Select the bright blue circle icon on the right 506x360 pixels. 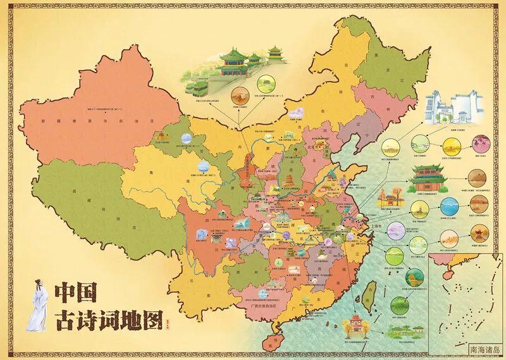pyautogui.click(x=448, y=208)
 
